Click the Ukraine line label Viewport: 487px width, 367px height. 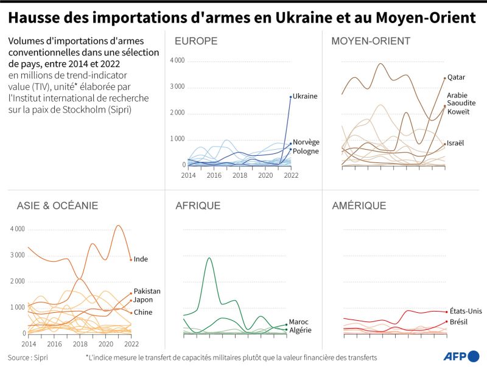[305, 96]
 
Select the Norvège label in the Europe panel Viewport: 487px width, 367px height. [306, 142]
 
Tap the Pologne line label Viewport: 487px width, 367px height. [306, 151]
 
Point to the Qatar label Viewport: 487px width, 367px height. [456, 77]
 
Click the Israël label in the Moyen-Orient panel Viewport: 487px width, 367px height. [455, 143]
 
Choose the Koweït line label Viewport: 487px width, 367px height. [458, 111]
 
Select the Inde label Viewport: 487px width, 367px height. [141, 259]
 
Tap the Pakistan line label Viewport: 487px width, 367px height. [148, 291]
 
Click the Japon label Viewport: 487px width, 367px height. [143, 299]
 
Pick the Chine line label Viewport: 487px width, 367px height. [144, 312]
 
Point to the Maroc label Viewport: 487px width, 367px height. [300, 321]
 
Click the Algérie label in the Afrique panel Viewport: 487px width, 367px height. [300, 330]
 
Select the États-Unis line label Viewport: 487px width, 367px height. [466, 311]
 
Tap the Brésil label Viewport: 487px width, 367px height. [458, 321]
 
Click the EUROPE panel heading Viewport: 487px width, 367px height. [196, 41]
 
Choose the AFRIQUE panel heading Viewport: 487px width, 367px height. [198, 206]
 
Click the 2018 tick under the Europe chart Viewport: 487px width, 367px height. [240, 175]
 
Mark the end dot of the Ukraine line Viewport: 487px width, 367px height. [290, 97]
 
